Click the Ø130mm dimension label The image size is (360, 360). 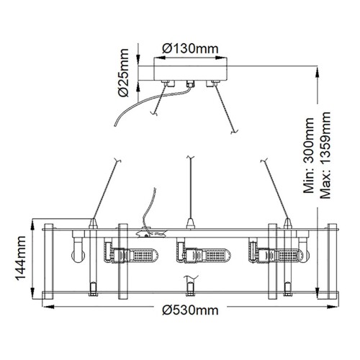191,48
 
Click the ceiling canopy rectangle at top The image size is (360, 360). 189,73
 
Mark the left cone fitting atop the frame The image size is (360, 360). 94,222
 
